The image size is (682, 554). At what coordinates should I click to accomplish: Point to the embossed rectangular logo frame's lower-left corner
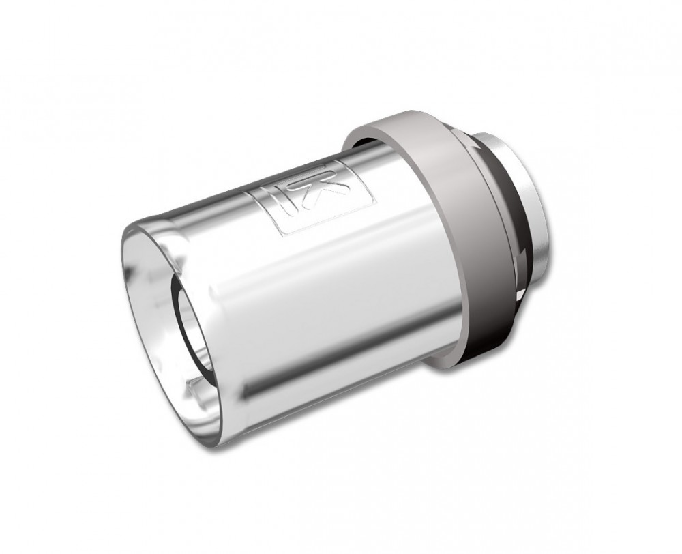pos(281,235)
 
